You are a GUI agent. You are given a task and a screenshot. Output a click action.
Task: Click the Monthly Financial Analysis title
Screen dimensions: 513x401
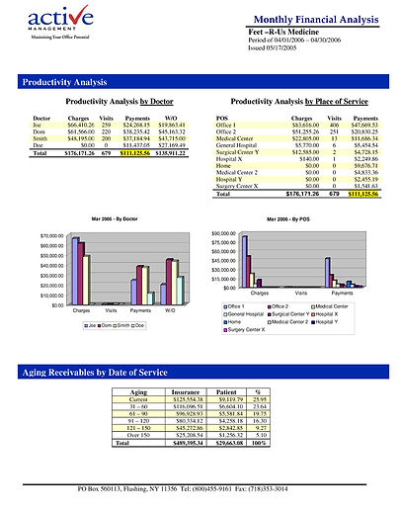click(x=316, y=20)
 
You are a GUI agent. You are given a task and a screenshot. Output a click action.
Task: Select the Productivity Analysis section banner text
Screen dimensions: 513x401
click(x=64, y=81)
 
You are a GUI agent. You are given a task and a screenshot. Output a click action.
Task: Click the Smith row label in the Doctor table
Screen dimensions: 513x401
click(x=40, y=138)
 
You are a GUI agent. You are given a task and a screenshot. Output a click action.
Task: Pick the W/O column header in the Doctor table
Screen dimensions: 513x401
click(x=171, y=118)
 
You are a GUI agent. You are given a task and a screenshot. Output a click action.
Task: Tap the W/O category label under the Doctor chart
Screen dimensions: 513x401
click(x=170, y=310)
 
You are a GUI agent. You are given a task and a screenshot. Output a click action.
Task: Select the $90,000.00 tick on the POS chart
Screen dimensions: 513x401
click(x=228, y=233)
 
